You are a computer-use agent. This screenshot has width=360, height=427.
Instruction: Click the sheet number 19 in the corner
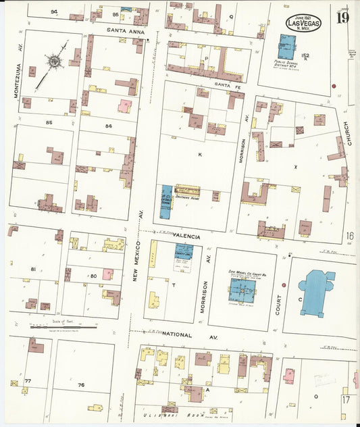click(x=342, y=17)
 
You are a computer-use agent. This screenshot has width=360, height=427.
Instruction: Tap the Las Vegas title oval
click(x=303, y=23)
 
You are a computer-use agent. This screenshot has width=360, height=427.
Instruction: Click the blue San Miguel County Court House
click(x=242, y=289)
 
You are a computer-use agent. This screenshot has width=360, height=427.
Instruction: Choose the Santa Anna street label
click(x=126, y=30)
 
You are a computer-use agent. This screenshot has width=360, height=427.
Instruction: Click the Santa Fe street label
click(x=228, y=84)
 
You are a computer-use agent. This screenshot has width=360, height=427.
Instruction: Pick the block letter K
click(x=200, y=155)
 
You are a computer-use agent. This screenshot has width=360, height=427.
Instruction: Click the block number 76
click(x=81, y=385)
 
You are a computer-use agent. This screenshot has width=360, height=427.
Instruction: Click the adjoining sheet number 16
click(x=350, y=236)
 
